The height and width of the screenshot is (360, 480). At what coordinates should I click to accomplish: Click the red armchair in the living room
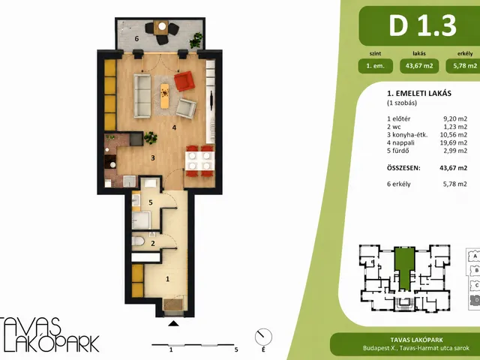pyautogui.click(x=184, y=81)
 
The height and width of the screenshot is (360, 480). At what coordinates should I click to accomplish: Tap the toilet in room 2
pyautogui.click(x=138, y=241)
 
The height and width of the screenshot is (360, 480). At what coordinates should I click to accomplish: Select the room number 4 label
pyautogui.click(x=174, y=127)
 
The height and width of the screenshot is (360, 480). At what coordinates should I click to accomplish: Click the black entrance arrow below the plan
pyautogui.click(x=173, y=323)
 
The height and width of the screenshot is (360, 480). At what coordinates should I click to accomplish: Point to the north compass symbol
pyautogui.click(x=263, y=337)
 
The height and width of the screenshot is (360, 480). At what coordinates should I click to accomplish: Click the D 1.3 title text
pyautogui.click(x=423, y=25)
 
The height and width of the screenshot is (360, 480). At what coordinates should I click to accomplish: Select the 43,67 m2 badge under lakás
pyautogui.click(x=419, y=66)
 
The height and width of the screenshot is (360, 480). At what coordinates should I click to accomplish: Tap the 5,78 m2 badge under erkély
pyautogui.click(x=463, y=66)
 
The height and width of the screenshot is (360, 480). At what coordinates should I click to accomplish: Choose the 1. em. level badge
pyautogui.click(x=375, y=66)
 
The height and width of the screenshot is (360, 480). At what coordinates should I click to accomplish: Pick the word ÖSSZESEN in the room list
pyautogui.click(x=403, y=168)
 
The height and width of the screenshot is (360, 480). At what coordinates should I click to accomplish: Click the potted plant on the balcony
pyautogui.click(x=196, y=40)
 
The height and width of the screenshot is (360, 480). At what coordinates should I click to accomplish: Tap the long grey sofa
pyautogui.click(x=142, y=96)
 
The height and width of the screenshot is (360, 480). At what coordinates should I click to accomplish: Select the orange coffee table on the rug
pyautogui.click(x=165, y=96)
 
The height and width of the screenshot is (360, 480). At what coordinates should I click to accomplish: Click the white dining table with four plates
pyautogui.click(x=199, y=160)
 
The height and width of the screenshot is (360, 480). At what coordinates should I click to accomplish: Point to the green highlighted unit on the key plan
pyautogui.click(x=404, y=268)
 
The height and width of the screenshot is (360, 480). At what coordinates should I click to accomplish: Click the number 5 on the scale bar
pyautogui.click(x=236, y=349)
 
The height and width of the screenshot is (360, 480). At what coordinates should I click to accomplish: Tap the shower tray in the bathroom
pyautogui.click(x=142, y=220)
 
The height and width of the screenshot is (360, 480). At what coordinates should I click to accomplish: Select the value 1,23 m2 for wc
pyautogui.click(x=455, y=127)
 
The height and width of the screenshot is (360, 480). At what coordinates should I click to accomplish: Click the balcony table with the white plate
pyautogui.click(x=162, y=27)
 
